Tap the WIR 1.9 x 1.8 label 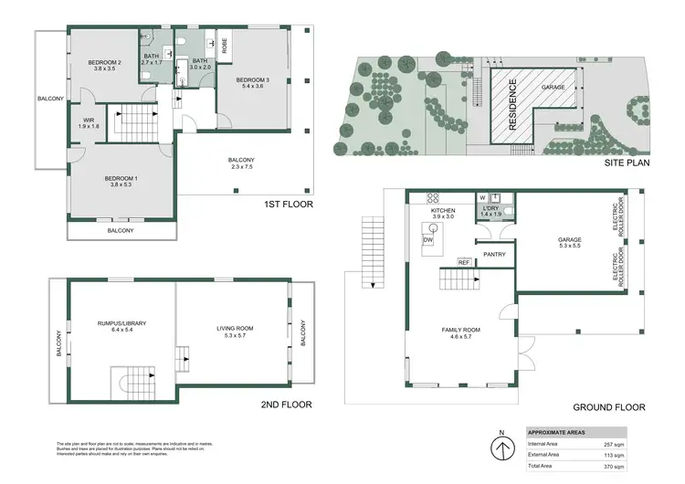pyautogui.click(x=90, y=121)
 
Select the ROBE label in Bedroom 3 pyautogui.click(x=223, y=44)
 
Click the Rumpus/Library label pyautogui.click(x=121, y=325)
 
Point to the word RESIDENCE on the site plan pyautogui.click(x=513, y=105)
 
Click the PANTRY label pyautogui.click(x=494, y=255)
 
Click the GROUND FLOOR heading pyautogui.click(x=609, y=407)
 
